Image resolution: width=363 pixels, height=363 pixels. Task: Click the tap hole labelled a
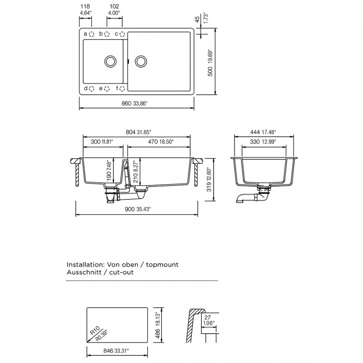tap(92, 34)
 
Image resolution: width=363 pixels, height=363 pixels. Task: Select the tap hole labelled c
tap(122, 34)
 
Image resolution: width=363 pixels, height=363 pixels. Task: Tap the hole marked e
tap(107, 89)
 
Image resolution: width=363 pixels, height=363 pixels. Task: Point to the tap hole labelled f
tap(122, 89)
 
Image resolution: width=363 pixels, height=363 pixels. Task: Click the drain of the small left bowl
tap(110, 61)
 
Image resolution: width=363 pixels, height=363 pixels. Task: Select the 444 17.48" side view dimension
tap(265, 132)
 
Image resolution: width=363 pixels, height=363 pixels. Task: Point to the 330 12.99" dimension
tap(265, 141)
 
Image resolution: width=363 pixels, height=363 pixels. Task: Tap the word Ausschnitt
tap(86, 272)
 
